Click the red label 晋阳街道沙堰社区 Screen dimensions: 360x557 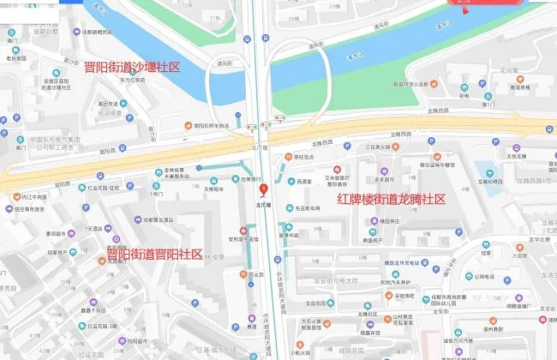click(132, 67)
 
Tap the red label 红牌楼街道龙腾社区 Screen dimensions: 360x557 click(392, 199)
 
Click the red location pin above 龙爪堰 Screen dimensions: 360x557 click(263, 190)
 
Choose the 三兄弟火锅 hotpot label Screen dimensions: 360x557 click(377, 147)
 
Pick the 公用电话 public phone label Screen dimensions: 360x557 click(483, 277)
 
